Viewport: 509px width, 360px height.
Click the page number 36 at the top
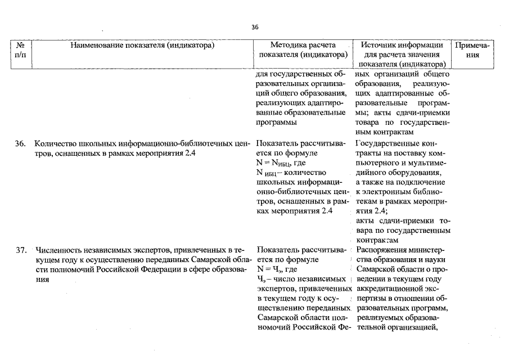[254, 26]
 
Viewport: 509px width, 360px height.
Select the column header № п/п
[20, 50]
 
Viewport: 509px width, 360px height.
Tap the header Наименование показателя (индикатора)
[143, 46]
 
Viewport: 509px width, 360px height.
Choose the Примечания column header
[474, 50]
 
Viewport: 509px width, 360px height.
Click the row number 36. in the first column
[21, 144]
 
